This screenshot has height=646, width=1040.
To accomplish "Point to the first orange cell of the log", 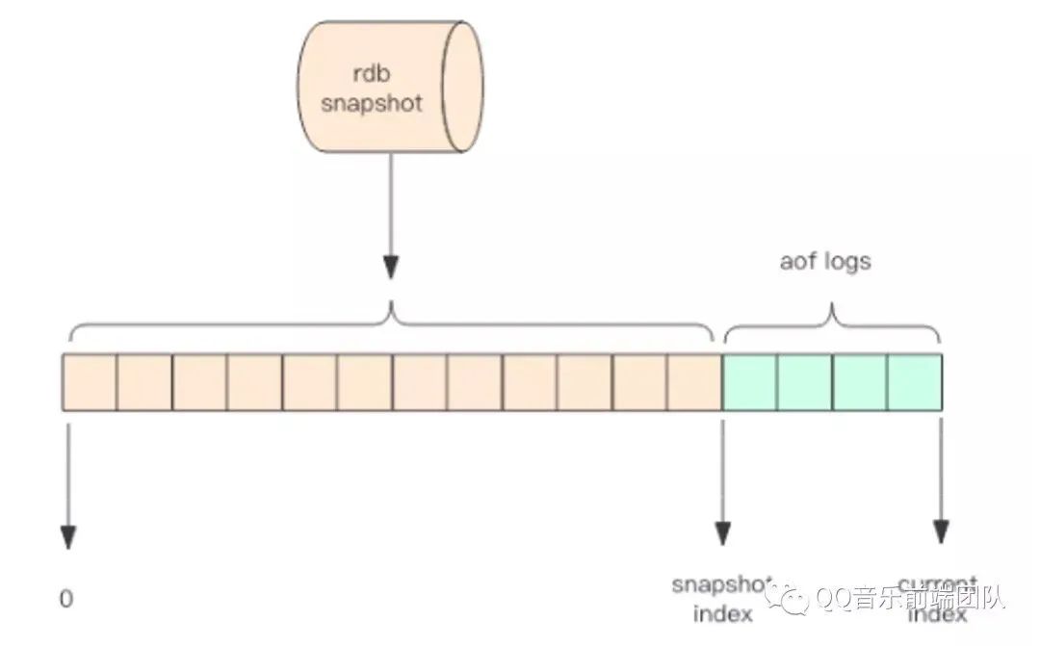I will pos(90,382).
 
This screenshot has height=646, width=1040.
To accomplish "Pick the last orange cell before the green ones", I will pos(694,382).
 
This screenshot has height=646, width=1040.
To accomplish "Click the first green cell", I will pos(749,382).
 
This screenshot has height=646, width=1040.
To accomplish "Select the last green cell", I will pos(914,382).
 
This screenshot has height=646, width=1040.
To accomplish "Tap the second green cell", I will pos(804,382).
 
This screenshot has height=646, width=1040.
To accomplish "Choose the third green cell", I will pos(859,382).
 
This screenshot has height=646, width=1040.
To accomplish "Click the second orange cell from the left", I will pos(144,382).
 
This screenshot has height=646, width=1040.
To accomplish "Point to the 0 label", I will pos(66,599).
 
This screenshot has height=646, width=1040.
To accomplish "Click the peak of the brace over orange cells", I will pos(391,307).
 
